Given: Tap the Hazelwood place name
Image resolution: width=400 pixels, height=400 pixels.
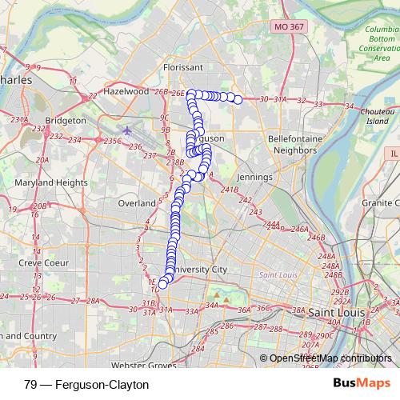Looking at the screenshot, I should coord(126,91).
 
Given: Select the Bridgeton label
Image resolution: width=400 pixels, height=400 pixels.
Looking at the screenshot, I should coord(66,120).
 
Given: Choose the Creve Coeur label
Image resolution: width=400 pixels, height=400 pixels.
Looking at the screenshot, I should coord(40,262).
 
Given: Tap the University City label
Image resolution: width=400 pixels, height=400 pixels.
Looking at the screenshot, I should coord(201,269).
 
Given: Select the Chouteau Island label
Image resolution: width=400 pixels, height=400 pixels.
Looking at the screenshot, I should coord(378,116).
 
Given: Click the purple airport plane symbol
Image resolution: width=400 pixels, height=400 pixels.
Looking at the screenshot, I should coord(128,130).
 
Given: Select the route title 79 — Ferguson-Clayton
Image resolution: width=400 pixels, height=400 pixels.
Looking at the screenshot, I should coord(82,384).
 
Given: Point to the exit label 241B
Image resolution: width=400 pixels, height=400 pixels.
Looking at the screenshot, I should coord(230,190).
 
